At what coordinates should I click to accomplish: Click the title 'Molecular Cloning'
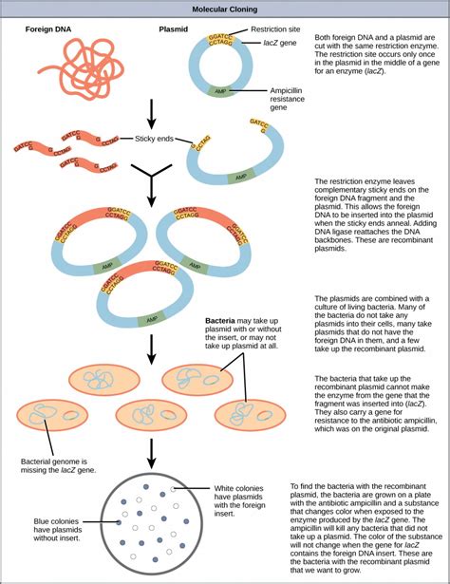[x=224, y=8]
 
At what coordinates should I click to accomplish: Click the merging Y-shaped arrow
[x=151, y=189]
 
